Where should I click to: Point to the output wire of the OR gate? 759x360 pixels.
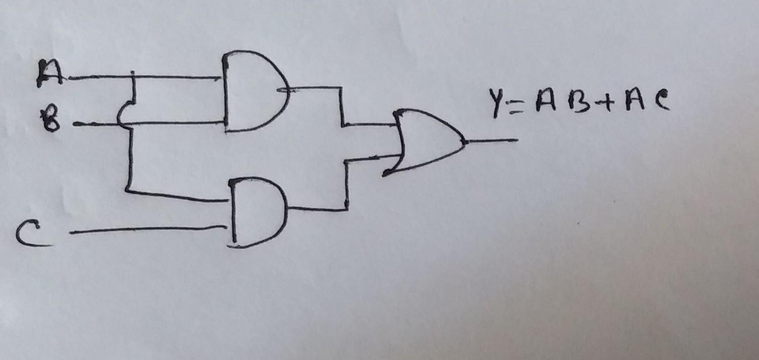tap(492, 139)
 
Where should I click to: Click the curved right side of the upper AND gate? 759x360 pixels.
tap(285, 91)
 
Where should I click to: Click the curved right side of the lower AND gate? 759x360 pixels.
tap(284, 210)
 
